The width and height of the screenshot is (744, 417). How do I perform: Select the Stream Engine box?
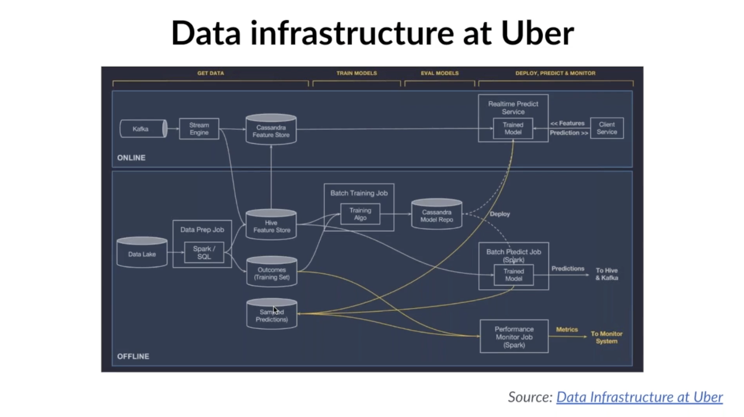(x=199, y=129)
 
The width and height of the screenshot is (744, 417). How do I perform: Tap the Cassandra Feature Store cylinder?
(x=271, y=130)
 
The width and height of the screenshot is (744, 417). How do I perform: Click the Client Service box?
(x=606, y=128)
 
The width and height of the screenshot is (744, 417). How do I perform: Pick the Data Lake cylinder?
(x=142, y=253)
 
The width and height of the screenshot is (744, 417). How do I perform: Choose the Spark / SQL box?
(x=204, y=253)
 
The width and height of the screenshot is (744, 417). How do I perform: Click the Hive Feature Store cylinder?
(x=271, y=226)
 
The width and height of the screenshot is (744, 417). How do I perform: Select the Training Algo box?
(x=360, y=214)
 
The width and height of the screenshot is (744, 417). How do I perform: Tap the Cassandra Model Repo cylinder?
(x=436, y=215)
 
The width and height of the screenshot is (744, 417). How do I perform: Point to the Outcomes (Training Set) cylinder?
(x=271, y=273)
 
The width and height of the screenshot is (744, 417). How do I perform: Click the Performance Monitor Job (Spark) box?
(x=514, y=337)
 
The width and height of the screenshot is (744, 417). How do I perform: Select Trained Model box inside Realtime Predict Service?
(x=513, y=129)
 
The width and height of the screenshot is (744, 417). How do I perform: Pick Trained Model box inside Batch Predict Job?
(x=514, y=275)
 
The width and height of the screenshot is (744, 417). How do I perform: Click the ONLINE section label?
(x=131, y=158)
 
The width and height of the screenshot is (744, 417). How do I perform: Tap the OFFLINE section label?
(x=133, y=357)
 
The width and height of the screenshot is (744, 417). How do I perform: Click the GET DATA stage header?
(x=211, y=73)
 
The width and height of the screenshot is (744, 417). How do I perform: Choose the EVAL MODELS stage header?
(x=440, y=73)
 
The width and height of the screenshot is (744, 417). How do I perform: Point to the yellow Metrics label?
(x=567, y=330)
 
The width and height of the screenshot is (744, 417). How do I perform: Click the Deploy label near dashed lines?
(x=500, y=214)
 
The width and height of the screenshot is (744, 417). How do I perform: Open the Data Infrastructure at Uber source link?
(x=639, y=397)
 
